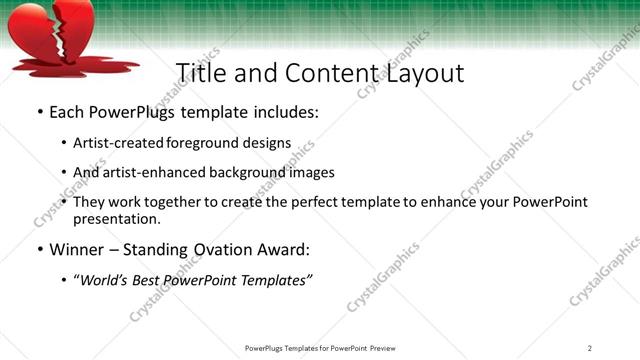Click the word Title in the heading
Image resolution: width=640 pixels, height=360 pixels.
pyautogui.click(x=200, y=74)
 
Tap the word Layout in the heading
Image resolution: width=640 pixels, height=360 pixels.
pyautogui.click(x=423, y=74)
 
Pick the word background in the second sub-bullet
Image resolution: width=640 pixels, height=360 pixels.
pyautogui.click(x=246, y=172)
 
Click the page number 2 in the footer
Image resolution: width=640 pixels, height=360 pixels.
pyautogui.click(x=590, y=348)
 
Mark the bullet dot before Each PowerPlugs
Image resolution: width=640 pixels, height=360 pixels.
pyautogui.click(x=39, y=113)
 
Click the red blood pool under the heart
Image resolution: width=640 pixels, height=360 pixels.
pyautogui.click(x=70, y=68)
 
